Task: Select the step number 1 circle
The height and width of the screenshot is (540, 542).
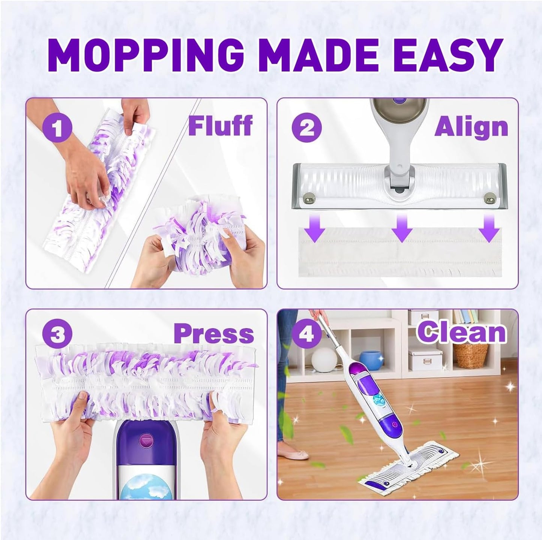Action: point(57,128)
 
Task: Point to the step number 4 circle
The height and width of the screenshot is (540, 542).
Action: point(307,334)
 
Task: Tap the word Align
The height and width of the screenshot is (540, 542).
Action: point(471,127)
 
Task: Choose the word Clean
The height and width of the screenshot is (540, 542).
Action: point(462,332)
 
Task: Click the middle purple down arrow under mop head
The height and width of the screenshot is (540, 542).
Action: point(402,229)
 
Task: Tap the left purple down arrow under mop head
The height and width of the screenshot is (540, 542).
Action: point(314,229)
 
